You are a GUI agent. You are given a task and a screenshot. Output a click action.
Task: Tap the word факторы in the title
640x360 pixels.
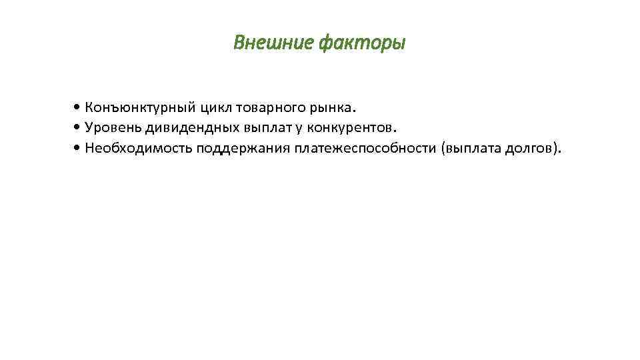361,43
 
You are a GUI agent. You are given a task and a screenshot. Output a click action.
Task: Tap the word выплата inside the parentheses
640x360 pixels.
467,148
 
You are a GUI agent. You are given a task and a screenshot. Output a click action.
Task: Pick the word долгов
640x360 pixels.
526,148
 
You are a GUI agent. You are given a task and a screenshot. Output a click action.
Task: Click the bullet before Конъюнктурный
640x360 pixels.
79,107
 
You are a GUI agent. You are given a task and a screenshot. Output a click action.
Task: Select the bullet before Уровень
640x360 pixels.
79,127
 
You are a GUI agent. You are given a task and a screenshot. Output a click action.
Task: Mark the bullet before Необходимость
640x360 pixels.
79,148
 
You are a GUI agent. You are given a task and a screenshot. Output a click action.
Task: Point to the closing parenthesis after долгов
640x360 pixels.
555,148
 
